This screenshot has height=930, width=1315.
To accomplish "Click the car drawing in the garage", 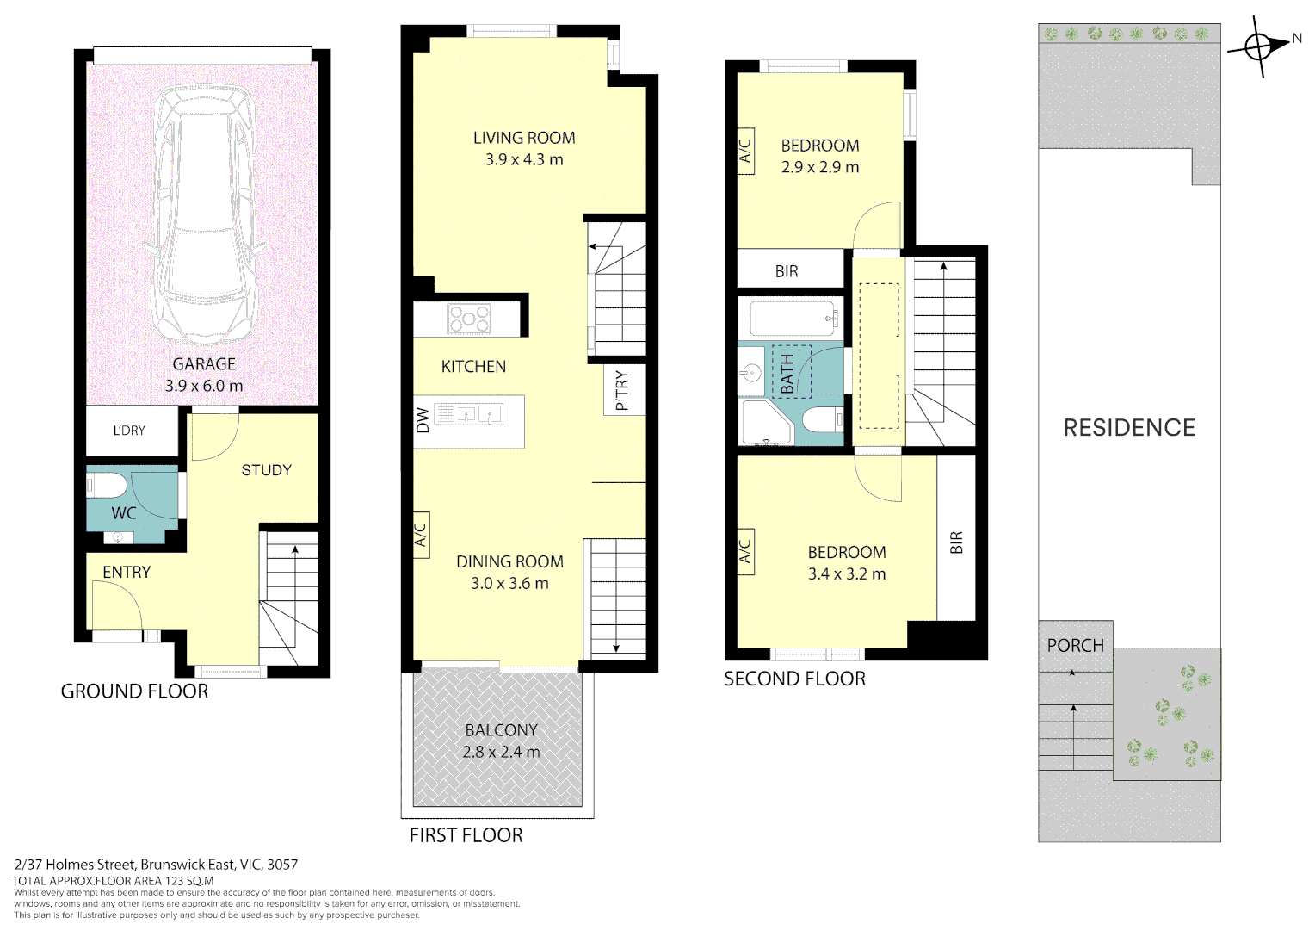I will click(204, 215).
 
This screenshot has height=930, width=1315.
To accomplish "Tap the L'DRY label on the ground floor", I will click(129, 431).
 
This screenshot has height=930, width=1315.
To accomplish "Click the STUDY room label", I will click(266, 470).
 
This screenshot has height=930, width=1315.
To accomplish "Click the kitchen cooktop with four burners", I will click(469, 319).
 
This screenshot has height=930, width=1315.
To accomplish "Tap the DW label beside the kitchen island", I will click(423, 419).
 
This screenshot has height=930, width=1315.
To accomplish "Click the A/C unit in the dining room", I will click(421, 535).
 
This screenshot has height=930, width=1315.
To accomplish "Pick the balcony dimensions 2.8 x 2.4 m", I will click(501, 752).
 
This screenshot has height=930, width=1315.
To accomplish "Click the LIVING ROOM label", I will click(524, 138).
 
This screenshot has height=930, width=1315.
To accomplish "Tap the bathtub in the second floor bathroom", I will click(793, 319).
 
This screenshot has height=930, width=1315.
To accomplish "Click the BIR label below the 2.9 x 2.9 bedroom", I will click(787, 271).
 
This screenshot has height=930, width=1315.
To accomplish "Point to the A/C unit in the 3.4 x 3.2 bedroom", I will click(745, 551).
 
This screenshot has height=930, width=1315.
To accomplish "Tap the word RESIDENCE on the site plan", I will click(1129, 428).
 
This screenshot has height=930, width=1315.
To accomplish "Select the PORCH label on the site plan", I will click(1075, 645).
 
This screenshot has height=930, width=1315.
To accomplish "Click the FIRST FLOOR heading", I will click(466, 835).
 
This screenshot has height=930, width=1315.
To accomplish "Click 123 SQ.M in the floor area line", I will click(188, 881).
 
